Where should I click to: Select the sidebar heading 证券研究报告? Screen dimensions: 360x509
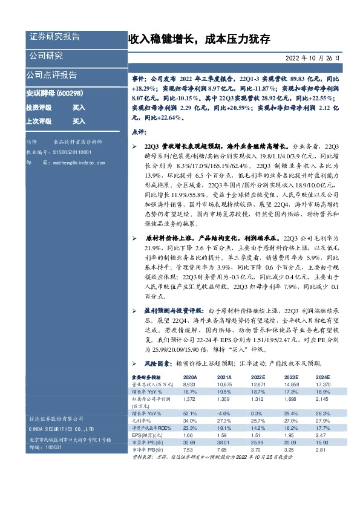click(54, 37)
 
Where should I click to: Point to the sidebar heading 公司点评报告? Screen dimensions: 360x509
click(51, 76)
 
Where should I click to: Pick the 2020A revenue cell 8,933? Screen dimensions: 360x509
click(191, 384)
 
